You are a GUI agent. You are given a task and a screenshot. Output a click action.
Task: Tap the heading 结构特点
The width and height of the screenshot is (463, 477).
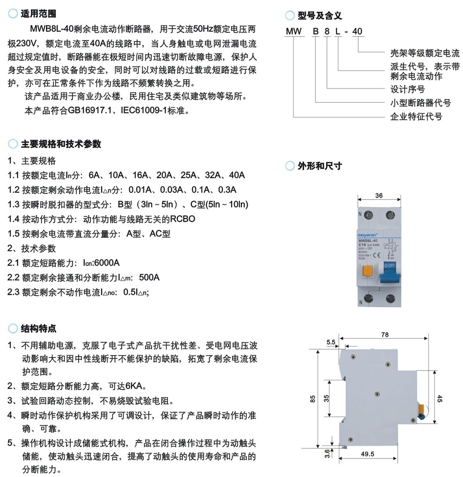coord(39,329)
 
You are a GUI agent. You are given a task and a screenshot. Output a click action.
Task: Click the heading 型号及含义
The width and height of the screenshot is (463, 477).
coord(319,16)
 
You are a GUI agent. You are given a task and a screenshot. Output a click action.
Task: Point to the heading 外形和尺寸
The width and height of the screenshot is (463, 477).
coord(319,166)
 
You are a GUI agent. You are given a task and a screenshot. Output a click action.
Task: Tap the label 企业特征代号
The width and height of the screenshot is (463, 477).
coord(416,116)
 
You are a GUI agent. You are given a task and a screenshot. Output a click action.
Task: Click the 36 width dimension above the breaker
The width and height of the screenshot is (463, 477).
coord(379,196)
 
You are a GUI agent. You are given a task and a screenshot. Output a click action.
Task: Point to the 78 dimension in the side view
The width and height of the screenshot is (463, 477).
coord(385,335)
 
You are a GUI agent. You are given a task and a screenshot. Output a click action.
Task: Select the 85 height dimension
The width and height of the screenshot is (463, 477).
coord(313,399)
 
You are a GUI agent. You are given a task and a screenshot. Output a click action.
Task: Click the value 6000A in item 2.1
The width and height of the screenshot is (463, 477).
coord(107,263)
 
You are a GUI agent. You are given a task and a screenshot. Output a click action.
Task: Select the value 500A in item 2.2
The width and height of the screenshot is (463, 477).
coord(149,277)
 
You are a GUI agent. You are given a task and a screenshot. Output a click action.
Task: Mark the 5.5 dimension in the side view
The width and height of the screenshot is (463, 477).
coord(331,342)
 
